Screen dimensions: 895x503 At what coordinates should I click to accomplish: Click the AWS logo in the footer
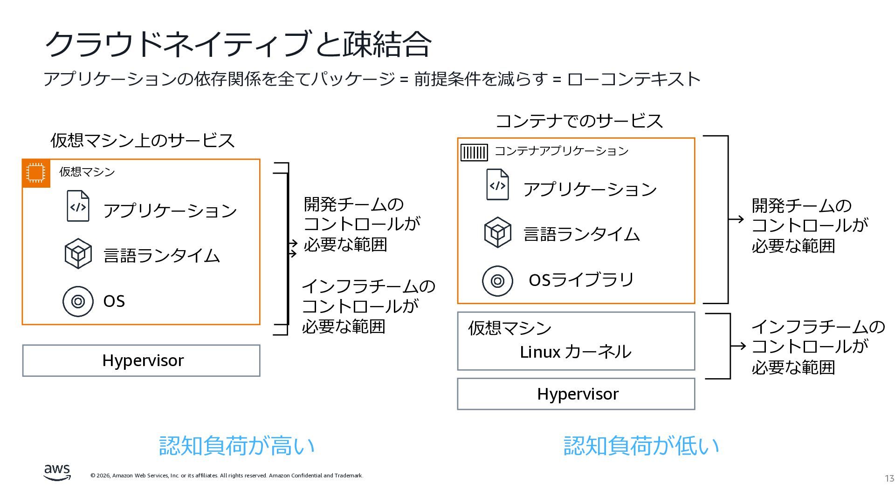coord(57,472)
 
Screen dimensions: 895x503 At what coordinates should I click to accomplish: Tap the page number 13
coord(889,478)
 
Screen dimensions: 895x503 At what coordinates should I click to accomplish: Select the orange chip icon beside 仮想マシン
coord(36,173)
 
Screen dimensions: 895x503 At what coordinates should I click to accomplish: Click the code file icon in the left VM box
coord(78,206)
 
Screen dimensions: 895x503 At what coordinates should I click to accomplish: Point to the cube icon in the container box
coord(497,232)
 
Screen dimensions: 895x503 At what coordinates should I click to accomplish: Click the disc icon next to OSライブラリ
coord(497,281)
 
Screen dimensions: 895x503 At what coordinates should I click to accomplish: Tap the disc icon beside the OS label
coord(78,301)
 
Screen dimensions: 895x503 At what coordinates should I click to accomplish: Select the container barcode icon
coord(474,152)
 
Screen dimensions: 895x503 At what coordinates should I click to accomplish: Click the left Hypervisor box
coord(141,360)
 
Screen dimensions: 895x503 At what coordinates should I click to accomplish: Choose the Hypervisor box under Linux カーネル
coord(576,394)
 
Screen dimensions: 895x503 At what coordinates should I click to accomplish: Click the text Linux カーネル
coord(575,352)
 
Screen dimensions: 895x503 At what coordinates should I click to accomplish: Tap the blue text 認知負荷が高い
coord(237,446)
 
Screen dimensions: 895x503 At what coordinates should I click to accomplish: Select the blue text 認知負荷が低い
coord(641,446)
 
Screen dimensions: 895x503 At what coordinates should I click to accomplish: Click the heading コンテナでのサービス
coord(578,121)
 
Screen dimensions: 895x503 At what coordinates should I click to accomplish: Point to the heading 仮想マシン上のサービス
coord(142,141)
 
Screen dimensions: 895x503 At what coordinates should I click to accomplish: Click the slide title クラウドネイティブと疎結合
coord(237,44)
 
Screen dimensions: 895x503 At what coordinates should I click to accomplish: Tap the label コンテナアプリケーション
coord(561,151)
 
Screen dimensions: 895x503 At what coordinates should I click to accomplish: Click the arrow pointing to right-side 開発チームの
coord(737,219)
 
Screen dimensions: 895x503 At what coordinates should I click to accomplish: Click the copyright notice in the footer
coord(227,476)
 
